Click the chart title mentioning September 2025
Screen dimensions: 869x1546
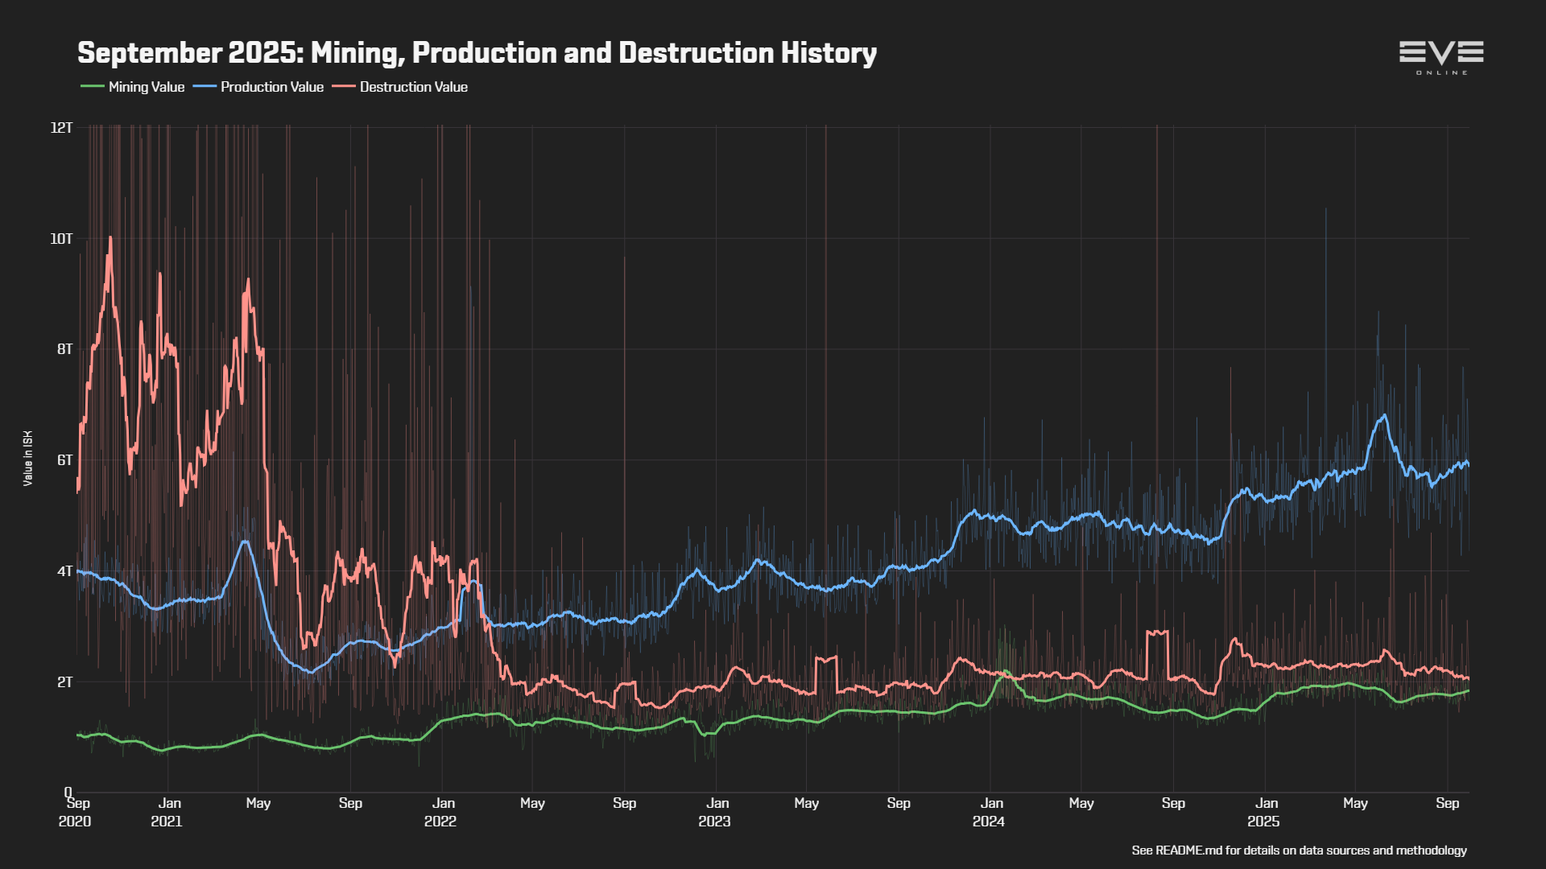477,53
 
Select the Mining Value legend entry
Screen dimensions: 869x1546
146,87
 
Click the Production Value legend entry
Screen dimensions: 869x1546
271,87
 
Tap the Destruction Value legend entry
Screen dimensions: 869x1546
413,87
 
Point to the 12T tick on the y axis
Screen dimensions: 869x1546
61,128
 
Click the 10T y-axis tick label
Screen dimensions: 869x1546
61,239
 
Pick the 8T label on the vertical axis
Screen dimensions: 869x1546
64,349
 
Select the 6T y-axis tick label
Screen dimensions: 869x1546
64,460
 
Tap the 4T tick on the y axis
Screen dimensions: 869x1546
64,571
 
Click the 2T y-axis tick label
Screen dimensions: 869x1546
64,682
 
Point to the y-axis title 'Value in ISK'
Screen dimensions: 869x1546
28,459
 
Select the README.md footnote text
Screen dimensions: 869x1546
1299,850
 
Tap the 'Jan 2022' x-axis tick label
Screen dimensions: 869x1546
441,812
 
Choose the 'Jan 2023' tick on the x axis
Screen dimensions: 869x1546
716,812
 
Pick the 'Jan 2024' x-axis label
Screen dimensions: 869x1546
990,812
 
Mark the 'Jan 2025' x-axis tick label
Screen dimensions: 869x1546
1265,812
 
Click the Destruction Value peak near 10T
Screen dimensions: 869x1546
110,238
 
